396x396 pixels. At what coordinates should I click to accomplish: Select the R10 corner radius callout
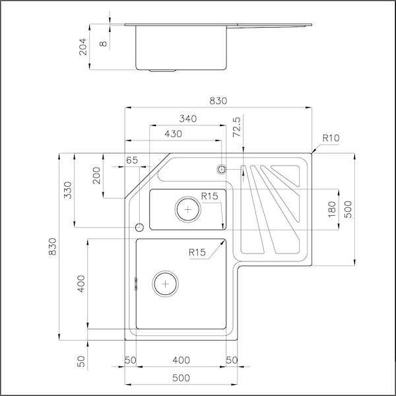tap(331, 139)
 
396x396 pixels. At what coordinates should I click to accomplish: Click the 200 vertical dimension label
tap(97, 175)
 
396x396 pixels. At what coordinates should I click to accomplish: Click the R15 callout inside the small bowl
tap(210, 197)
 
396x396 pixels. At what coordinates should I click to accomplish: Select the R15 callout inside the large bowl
tap(197, 251)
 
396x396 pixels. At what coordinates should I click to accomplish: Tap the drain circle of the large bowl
tap(165, 284)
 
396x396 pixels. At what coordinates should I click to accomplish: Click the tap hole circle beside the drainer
tap(222, 170)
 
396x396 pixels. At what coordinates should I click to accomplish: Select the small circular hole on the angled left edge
tap(139, 227)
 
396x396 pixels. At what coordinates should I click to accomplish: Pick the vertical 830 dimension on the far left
tap(53, 251)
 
